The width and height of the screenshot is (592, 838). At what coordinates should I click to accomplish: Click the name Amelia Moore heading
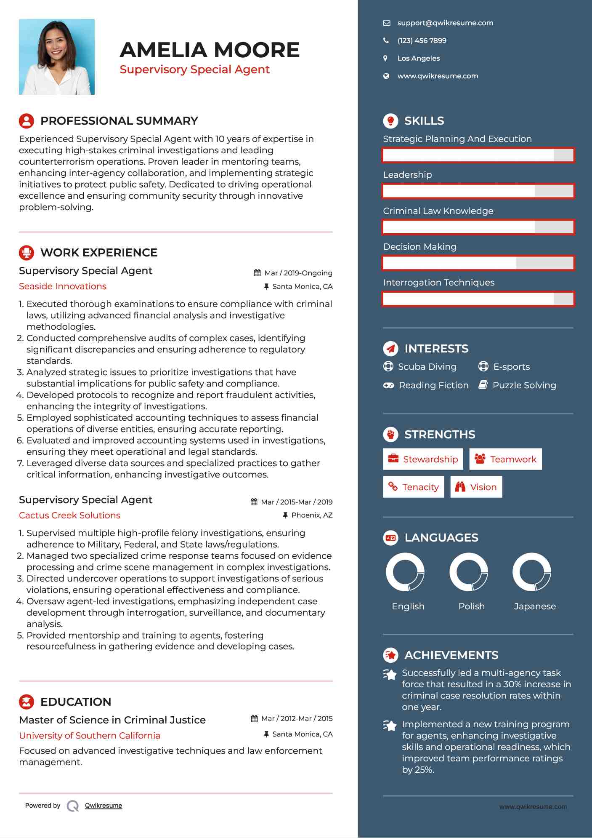[210, 50]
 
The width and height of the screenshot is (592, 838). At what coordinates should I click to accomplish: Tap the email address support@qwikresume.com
[445, 23]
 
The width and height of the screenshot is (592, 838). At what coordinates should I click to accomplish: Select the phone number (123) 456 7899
[422, 41]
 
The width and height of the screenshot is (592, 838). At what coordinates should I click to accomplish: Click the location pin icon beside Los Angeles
[385, 59]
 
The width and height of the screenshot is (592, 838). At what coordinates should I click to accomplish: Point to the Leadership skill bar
[478, 191]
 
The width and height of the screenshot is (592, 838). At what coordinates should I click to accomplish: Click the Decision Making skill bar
[478, 263]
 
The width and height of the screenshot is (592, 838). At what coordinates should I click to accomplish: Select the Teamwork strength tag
[505, 459]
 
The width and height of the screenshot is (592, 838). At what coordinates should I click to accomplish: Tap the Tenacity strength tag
[413, 487]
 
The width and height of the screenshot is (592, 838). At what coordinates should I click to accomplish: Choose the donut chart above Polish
[469, 572]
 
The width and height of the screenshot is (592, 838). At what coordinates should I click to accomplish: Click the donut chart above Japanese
[532, 572]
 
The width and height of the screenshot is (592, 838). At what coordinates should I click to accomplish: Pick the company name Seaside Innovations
[63, 286]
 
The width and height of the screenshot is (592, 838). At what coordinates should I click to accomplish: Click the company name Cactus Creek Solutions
[69, 515]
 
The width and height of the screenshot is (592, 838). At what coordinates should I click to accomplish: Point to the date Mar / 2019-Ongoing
[298, 273]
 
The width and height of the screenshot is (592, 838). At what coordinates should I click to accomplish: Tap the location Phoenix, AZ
[311, 515]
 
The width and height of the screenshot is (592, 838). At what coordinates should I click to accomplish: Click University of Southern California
[90, 736]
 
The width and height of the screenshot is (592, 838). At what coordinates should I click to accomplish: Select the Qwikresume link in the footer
[104, 806]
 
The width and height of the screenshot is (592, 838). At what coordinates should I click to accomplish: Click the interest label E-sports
[511, 367]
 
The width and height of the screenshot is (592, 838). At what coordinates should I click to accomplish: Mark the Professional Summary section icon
[27, 121]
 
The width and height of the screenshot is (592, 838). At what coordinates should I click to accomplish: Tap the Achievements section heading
[451, 655]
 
